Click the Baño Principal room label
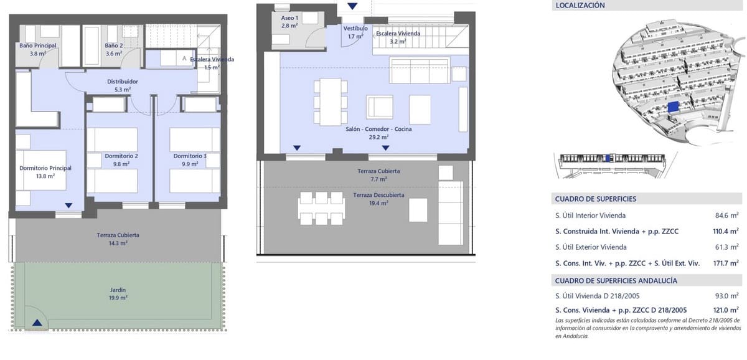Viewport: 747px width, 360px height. [37, 45]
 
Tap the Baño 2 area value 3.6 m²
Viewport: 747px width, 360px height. [113, 54]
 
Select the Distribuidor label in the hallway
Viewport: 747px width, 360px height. [122, 82]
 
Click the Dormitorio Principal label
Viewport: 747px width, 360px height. [45, 168]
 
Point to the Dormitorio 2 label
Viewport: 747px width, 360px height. [121, 156]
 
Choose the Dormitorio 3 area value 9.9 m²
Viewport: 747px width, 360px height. [190, 164]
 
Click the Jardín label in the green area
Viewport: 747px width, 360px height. [118, 290]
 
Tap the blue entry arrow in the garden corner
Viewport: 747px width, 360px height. [38, 322]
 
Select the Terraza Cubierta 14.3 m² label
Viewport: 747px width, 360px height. [118, 235]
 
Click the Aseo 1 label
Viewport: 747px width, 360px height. [289, 18]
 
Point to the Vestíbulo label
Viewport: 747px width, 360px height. [355, 29]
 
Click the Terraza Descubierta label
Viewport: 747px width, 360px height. [378, 195]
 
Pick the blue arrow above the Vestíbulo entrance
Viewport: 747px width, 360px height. [353, 6]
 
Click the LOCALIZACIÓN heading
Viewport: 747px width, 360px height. [580, 6]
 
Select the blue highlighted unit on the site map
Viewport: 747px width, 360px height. [672, 107]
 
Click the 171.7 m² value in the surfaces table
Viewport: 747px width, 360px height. [726, 263]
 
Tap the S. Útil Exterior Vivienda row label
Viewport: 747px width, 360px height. [591, 247]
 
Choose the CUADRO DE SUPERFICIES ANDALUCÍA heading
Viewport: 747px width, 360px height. [616, 281]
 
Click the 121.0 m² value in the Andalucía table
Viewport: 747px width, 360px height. [726, 310]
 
